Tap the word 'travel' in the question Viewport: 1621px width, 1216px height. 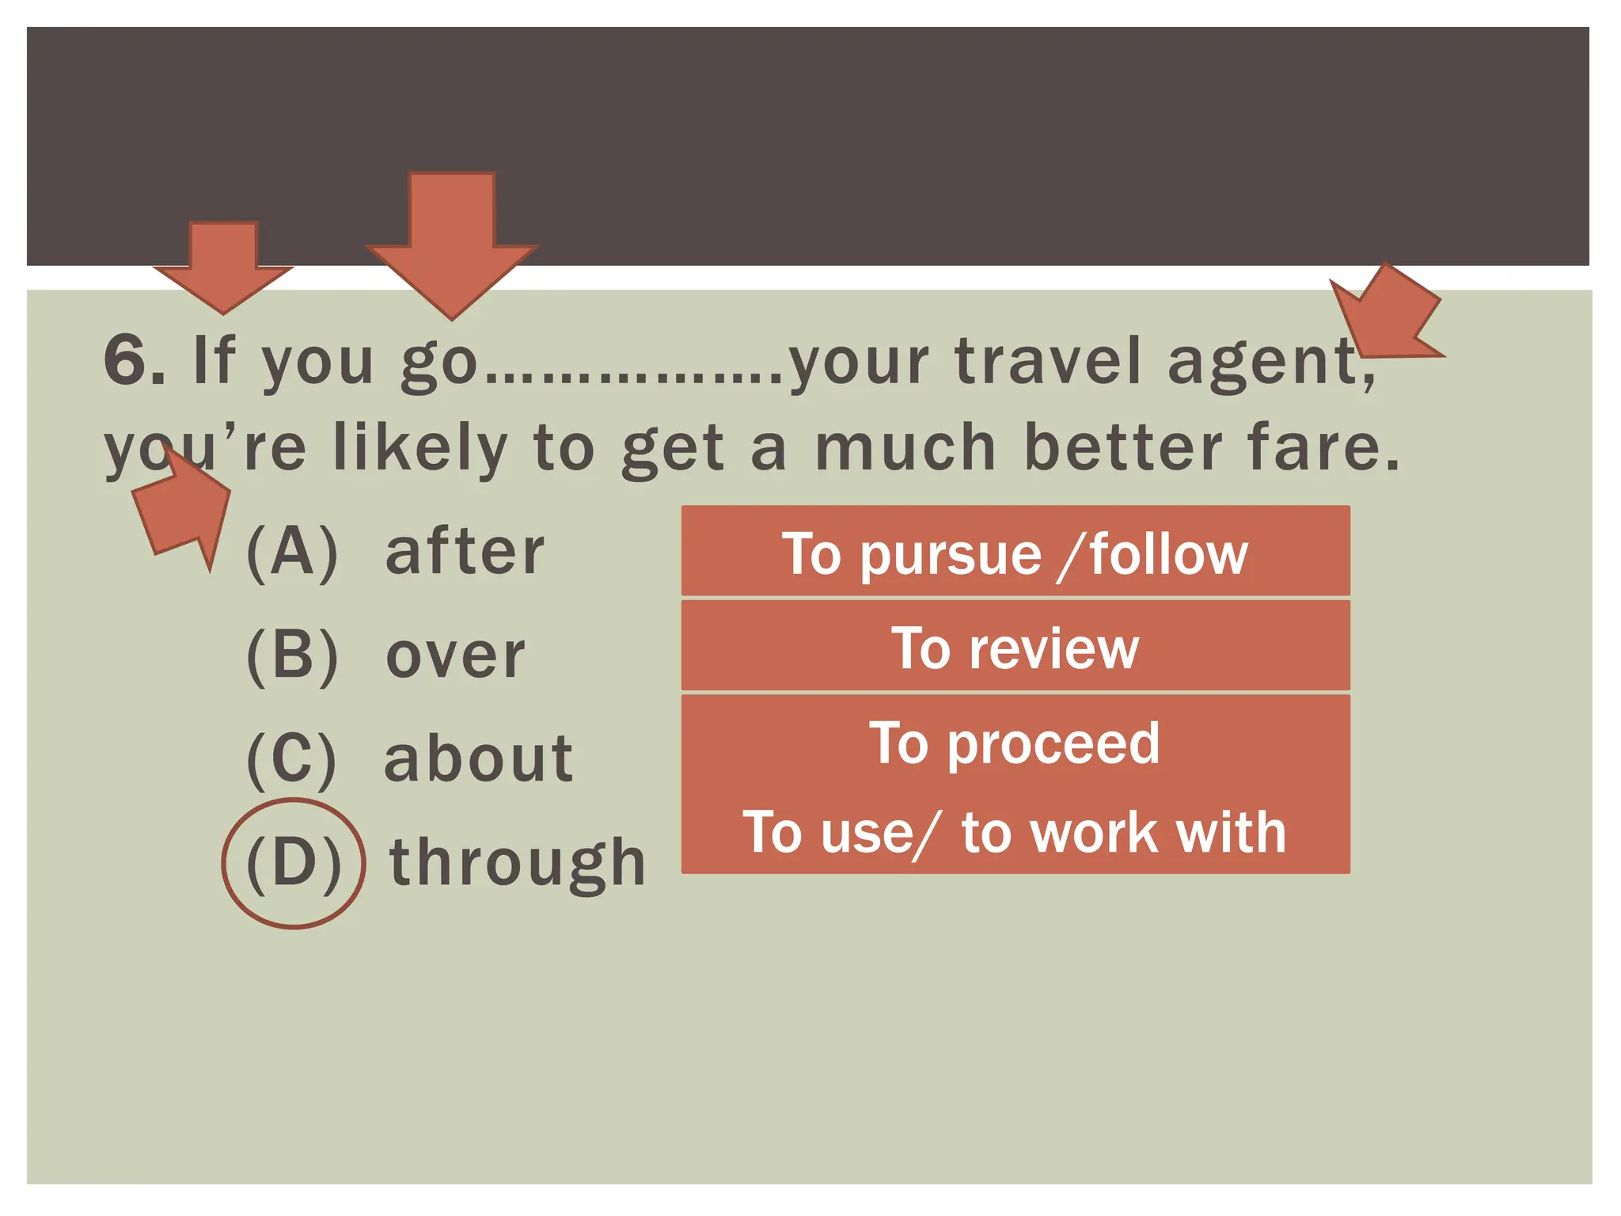1050,362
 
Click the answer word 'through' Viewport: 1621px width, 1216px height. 518,863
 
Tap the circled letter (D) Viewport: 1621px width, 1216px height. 294,863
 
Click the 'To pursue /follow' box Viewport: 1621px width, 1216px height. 1015,552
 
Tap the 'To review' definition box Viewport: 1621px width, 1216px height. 1015,647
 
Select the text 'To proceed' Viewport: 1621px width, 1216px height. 1015,743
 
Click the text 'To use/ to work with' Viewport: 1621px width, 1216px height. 1015,832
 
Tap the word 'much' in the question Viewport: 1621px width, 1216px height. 905,448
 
